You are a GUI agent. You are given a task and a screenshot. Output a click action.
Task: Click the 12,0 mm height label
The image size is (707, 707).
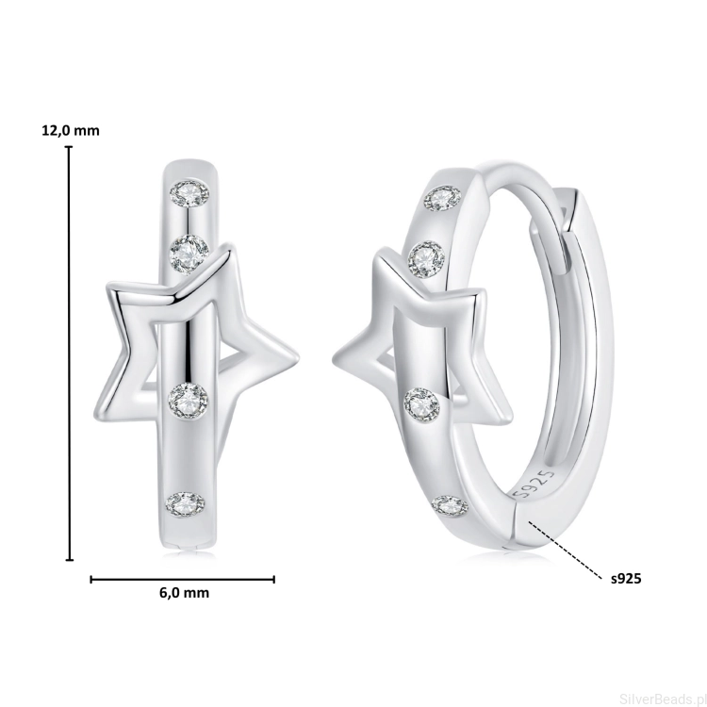[71, 131]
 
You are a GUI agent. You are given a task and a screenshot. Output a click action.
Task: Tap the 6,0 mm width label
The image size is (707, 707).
[184, 593]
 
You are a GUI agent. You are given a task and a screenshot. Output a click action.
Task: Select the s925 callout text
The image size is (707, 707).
[626, 579]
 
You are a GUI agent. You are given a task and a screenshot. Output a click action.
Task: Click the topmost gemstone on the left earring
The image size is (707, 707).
[189, 194]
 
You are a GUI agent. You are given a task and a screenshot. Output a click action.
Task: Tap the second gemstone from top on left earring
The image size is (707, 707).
[189, 254]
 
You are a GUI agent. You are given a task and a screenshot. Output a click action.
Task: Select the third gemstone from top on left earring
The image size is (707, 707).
[189, 400]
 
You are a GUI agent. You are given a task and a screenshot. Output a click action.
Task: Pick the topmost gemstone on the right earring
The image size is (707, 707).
[444, 199]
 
